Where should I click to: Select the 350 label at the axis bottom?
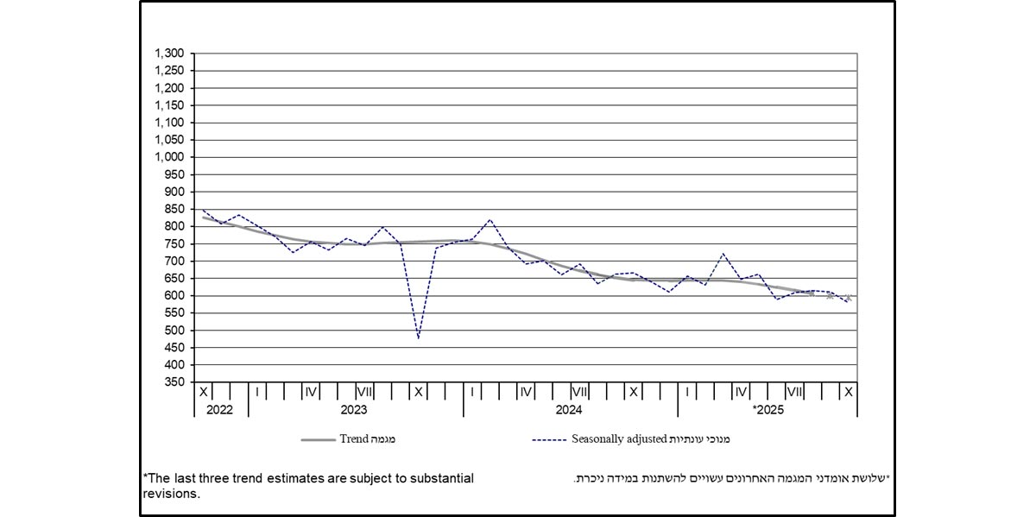176,382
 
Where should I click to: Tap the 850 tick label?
176,209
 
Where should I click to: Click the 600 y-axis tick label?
176,295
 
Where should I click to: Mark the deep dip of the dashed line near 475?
419,337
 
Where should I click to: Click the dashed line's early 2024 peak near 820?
490,219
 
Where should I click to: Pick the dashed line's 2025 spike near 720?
723,254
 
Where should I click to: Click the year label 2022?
220,409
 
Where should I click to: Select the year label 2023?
354,409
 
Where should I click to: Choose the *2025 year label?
768,409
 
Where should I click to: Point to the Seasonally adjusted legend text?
620,439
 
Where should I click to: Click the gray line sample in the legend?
317,439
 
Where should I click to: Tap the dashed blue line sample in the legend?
549,439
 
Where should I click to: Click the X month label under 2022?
203,392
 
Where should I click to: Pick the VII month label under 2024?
579,392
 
